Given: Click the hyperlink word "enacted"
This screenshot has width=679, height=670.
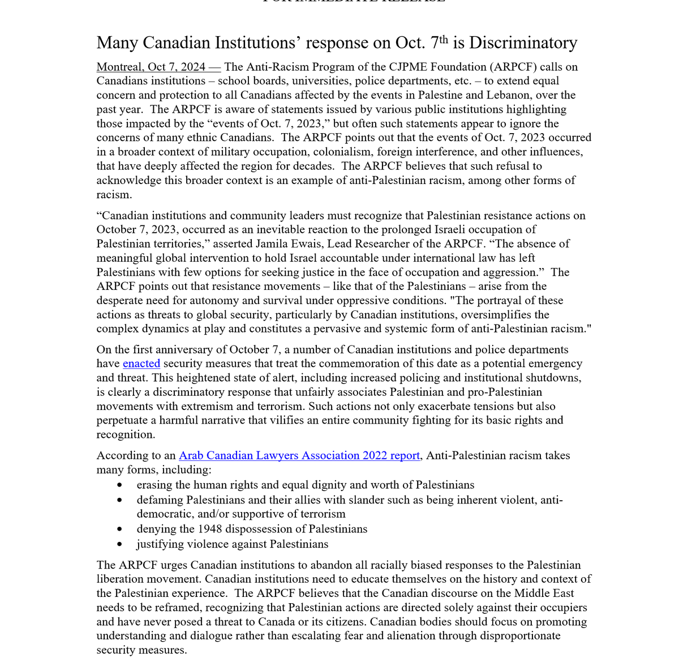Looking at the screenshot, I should pyautogui.click(x=141, y=364).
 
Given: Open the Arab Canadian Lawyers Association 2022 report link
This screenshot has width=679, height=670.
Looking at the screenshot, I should pyautogui.click(x=299, y=455).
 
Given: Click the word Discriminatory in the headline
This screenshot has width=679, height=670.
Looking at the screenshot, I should pyautogui.click(x=523, y=43).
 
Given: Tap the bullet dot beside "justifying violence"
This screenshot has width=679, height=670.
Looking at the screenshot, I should pyautogui.click(x=119, y=544).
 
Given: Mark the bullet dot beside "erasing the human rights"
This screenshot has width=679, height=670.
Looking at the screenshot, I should pyautogui.click(x=119, y=485).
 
